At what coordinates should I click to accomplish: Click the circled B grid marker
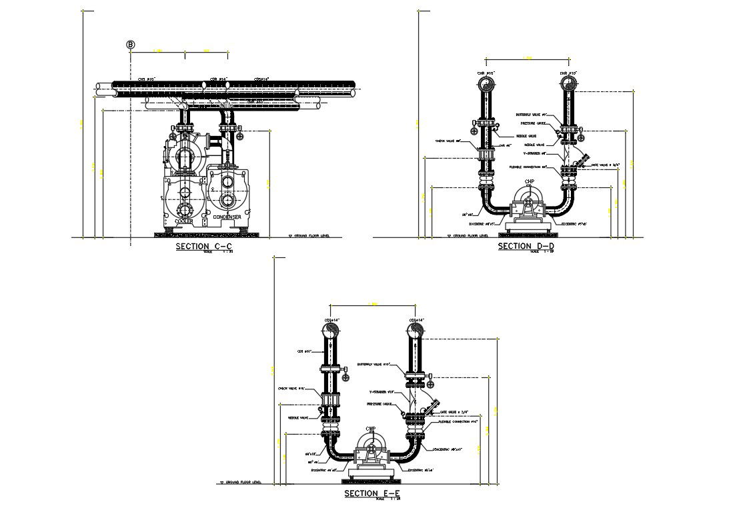coord(131,45)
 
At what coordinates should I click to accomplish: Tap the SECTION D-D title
coord(526,247)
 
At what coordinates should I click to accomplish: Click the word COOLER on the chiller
coord(184,221)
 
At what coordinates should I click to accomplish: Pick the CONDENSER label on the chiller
coord(227,217)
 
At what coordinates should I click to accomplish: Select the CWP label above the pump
coord(371,429)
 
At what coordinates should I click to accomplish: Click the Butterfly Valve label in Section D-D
coord(531,115)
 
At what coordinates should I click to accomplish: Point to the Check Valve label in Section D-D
coord(448,141)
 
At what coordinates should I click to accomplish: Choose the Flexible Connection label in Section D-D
coord(528,167)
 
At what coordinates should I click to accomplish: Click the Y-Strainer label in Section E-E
coord(384,392)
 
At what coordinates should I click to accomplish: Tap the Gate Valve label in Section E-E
coord(455,412)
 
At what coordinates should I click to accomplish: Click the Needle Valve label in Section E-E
coord(298,418)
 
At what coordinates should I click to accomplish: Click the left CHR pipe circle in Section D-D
coord(487,83)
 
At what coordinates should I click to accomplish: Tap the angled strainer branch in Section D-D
coord(582,160)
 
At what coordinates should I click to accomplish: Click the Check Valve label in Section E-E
coord(291,388)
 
